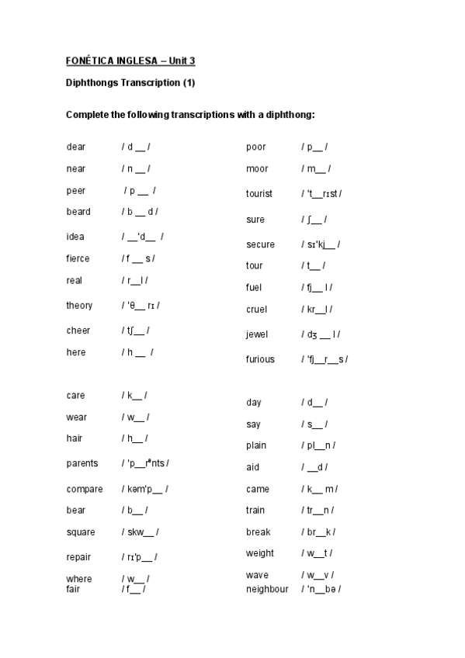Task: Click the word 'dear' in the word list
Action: click(x=76, y=147)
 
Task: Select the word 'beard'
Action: click(x=78, y=211)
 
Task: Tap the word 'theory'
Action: click(x=79, y=305)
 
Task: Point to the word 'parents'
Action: click(x=82, y=463)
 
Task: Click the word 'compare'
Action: click(x=85, y=489)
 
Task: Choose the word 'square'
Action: click(x=82, y=532)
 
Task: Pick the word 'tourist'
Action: click(x=259, y=193)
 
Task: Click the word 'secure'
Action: click(x=260, y=244)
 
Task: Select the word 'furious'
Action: click(x=260, y=359)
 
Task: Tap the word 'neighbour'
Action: click(x=267, y=589)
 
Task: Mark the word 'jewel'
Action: click(x=257, y=334)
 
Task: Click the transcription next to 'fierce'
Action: click(x=138, y=258)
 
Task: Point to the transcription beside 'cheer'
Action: click(x=136, y=331)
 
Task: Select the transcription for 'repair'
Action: click(x=140, y=557)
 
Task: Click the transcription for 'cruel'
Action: click(x=317, y=309)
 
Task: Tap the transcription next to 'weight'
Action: click(x=317, y=553)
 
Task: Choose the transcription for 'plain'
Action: click(x=318, y=445)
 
